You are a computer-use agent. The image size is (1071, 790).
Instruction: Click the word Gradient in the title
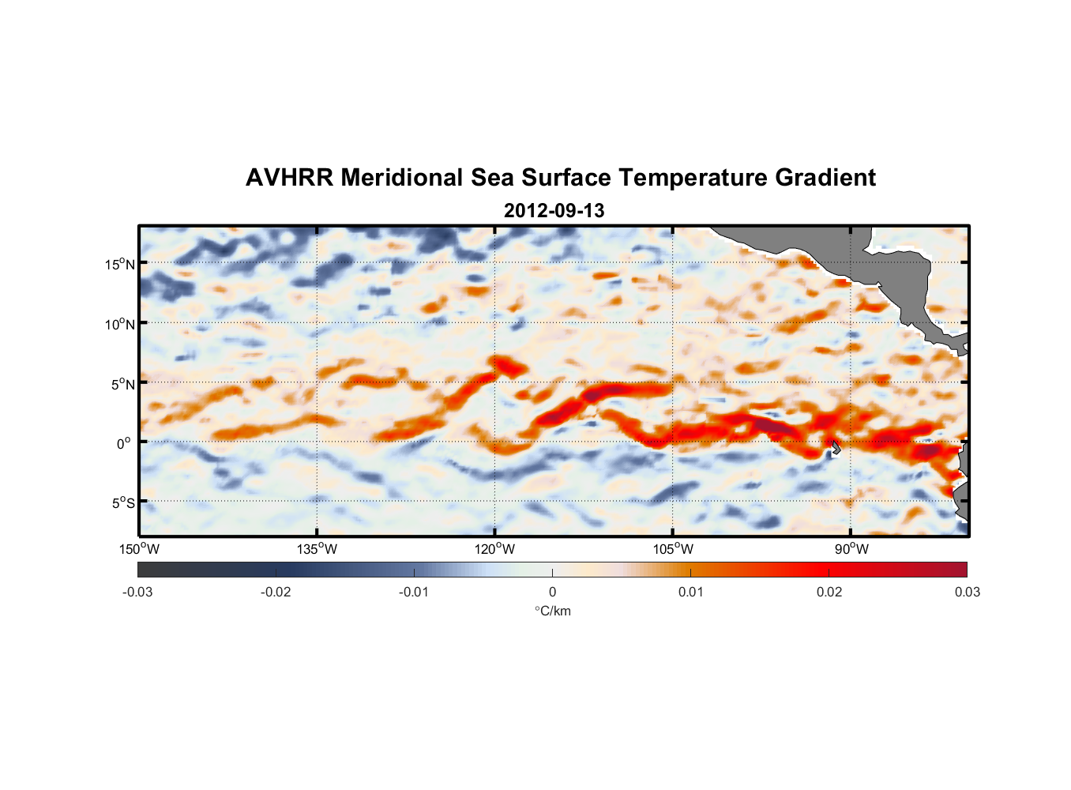(825, 178)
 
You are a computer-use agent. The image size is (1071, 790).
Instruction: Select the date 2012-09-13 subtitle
(554, 211)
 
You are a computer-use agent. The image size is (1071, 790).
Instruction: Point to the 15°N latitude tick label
(120, 264)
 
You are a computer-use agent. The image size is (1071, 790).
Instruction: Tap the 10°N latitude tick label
(120, 324)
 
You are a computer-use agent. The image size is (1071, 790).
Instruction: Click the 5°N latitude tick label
(122, 384)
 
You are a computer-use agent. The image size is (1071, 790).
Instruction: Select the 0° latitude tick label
(124, 443)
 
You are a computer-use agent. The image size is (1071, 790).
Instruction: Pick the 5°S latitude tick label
(122, 502)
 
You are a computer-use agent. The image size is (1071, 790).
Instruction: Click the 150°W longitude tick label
(140, 549)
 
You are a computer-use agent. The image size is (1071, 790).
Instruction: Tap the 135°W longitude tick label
(318, 549)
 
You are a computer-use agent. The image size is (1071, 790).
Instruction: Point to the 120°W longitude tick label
(495, 549)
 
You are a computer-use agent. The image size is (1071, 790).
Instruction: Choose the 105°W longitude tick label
(673, 549)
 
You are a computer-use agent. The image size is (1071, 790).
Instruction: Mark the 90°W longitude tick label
(851, 549)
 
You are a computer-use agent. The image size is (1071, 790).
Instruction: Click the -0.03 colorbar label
(137, 592)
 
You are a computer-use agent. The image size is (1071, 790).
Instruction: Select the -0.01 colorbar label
(414, 592)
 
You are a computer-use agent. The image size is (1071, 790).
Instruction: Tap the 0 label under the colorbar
(552, 592)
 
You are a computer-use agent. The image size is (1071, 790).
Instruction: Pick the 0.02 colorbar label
(829, 592)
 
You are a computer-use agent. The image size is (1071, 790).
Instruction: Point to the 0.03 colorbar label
(967, 592)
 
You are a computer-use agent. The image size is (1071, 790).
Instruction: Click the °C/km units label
(553, 611)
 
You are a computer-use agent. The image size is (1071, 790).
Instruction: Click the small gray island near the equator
(835, 448)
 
